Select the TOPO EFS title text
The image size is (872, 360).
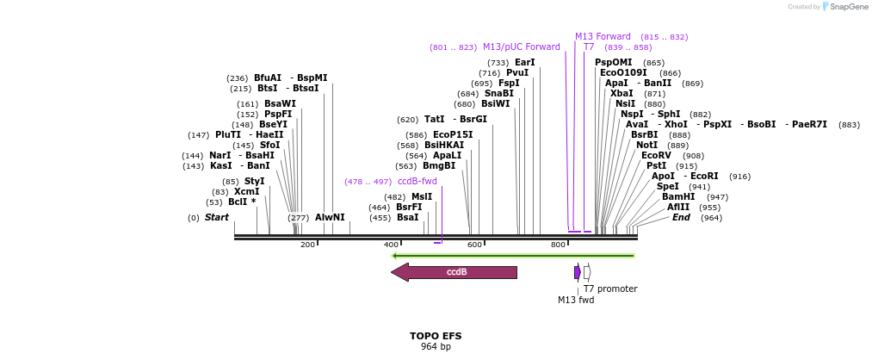[x=435, y=336]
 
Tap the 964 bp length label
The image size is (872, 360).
[x=435, y=347]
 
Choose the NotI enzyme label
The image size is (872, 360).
[x=646, y=146]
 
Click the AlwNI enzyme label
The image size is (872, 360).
[x=330, y=218]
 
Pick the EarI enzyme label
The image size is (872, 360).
[x=524, y=63]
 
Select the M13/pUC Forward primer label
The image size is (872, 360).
[x=521, y=47]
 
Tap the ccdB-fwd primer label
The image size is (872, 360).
[x=417, y=182]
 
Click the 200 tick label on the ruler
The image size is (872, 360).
[x=307, y=245]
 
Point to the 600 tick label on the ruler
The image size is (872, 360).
[x=474, y=245]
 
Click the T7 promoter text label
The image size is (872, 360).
[x=610, y=289]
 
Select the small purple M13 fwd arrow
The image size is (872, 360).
[x=578, y=272]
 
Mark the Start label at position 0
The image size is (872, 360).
[x=217, y=218]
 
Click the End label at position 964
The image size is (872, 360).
[x=681, y=218]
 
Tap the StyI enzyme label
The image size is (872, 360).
[x=255, y=182]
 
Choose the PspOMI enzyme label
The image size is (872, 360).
[x=613, y=63]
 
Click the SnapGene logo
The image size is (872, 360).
[x=843, y=7]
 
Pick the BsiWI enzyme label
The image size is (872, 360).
[x=495, y=104]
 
